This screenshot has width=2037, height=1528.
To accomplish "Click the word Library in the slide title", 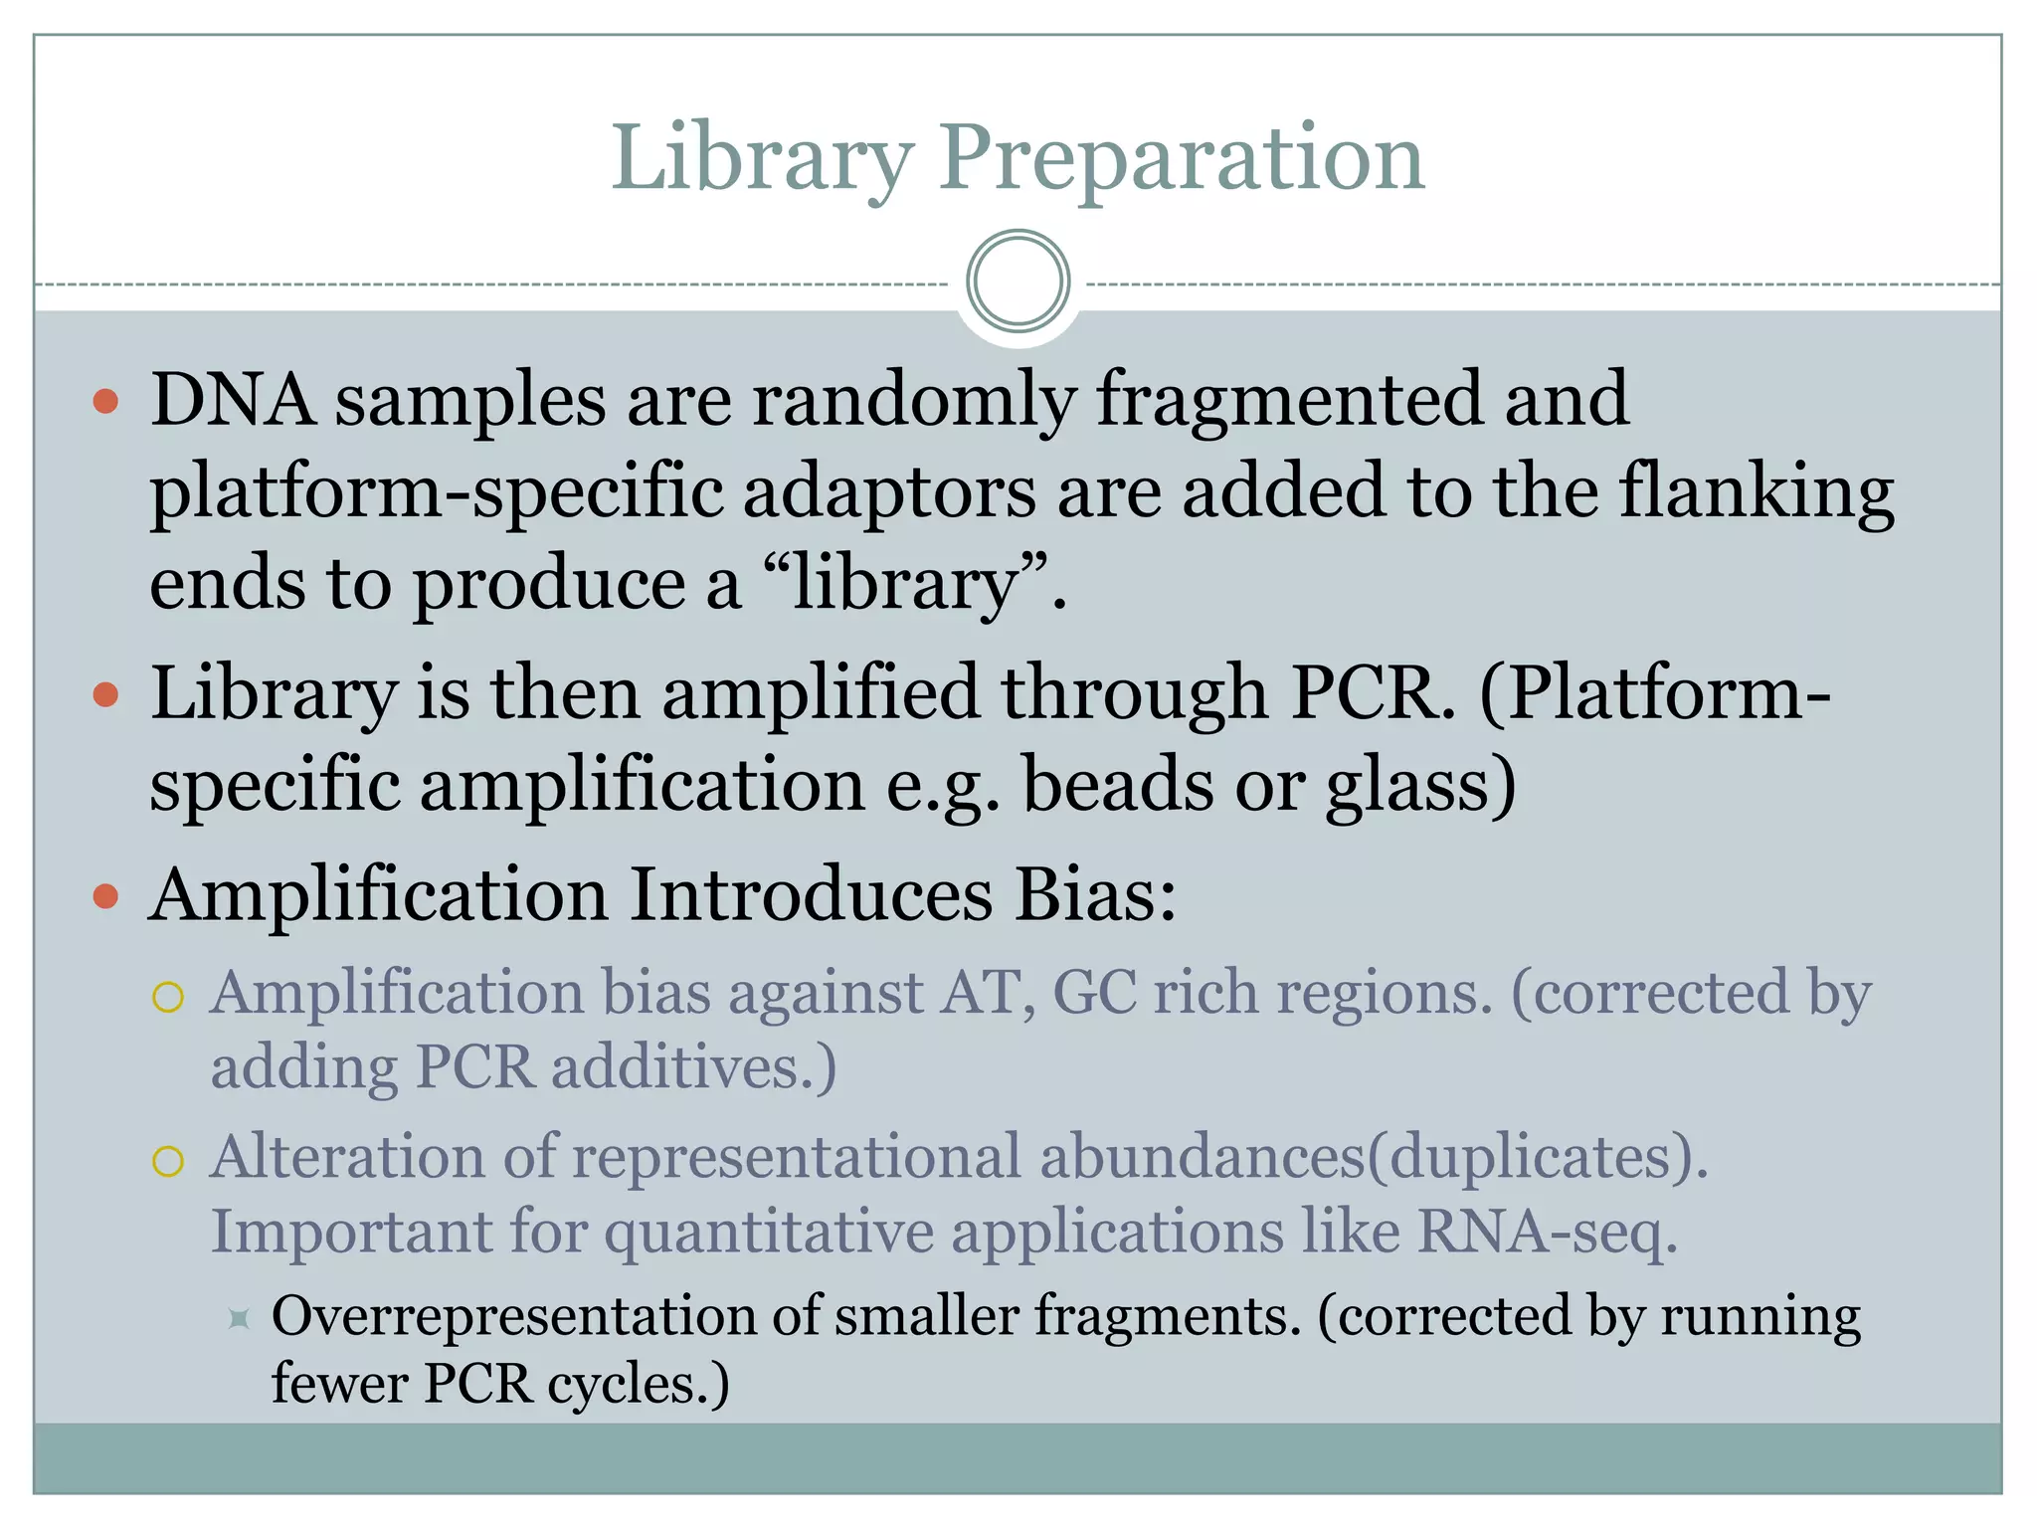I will pyautogui.click(x=761, y=159).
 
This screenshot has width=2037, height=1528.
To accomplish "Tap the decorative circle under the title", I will pyautogui.click(x=1018, y=282).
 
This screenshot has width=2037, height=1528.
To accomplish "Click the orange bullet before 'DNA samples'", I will pyautogui.click(x=105, y=402).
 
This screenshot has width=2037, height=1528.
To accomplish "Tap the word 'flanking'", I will pyautogui.click(x=1757, y=491).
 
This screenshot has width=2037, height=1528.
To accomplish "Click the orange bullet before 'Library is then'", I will pyautogui.click(x=105, y=694).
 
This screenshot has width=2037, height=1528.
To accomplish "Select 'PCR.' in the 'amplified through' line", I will pyautogui.click(x=1373, y=692).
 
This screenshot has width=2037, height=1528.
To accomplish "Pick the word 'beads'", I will pyautogui.click(x=1118, y=785).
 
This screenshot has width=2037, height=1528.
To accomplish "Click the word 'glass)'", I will pyautogui.click(x=1421, y=785).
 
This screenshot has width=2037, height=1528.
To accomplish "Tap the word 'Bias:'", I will pyautogui.click(x=1095, y=894).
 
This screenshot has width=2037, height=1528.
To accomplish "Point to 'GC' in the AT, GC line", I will pyautogui.click(x=1094, y=994).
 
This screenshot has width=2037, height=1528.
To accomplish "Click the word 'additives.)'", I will pyautogui.click(x=694, y=1068).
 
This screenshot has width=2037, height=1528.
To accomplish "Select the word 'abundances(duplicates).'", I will pyautogui.click(x=1374, y=1157).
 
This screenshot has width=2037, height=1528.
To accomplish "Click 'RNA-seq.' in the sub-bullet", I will pyautogui.click(x=1548, y=1233).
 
